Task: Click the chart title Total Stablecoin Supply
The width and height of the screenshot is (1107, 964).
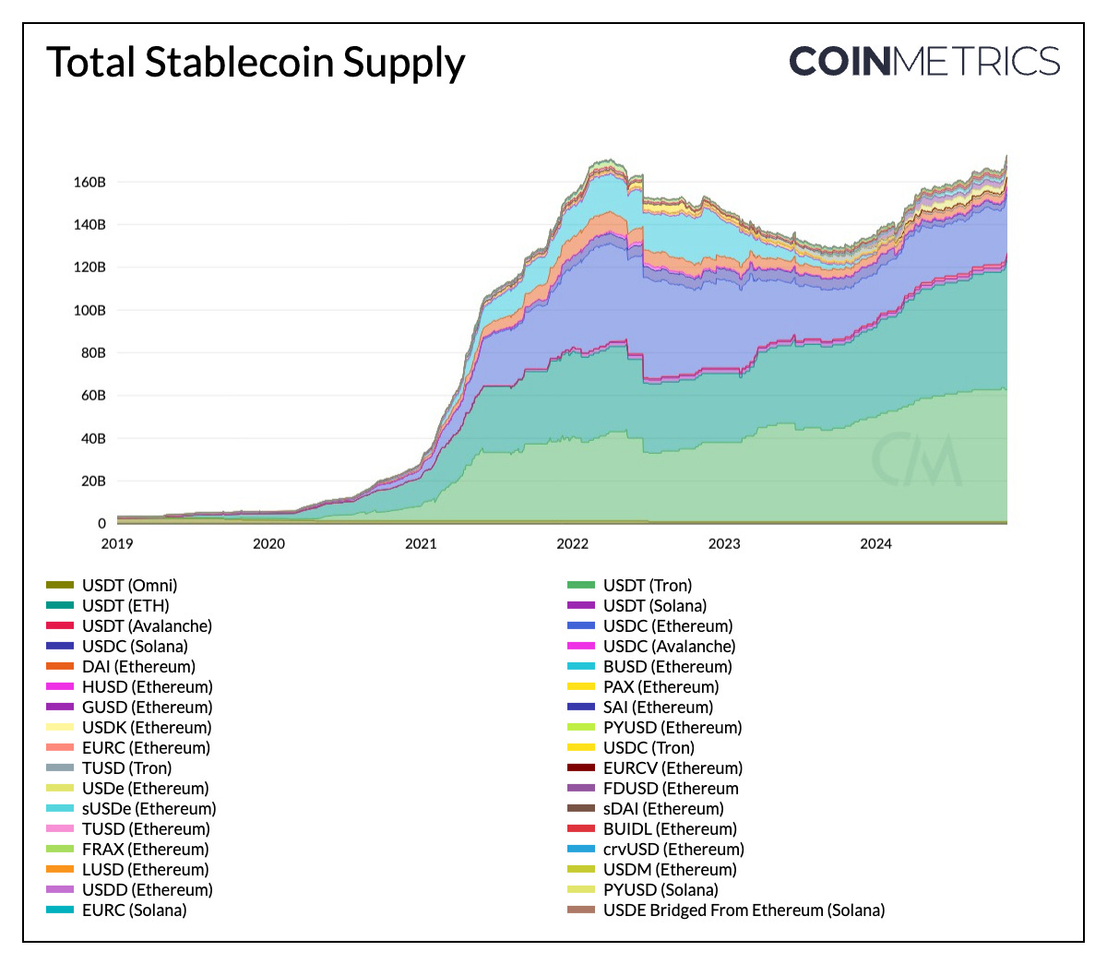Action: click(x=256, y=63)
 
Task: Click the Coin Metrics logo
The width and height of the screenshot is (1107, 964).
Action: click(x=924, y=62)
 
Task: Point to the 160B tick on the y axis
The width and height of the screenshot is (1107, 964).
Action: click(x=89, y=182)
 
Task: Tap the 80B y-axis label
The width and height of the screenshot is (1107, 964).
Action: click(x=89, y=352)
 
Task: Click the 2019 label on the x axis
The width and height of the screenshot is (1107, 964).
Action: click(x=117, y=543)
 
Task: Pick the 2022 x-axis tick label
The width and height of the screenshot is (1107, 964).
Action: click(x=572, y=543)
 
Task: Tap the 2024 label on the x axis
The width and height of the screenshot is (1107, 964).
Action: click(x=875, y=543)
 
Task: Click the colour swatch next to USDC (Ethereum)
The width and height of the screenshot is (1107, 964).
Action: click(x=580, y=625)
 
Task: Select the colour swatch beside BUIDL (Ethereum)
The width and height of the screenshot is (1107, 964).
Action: click(x=580, y=828)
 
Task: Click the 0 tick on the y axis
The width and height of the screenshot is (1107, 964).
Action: click(x=101, y=523)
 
